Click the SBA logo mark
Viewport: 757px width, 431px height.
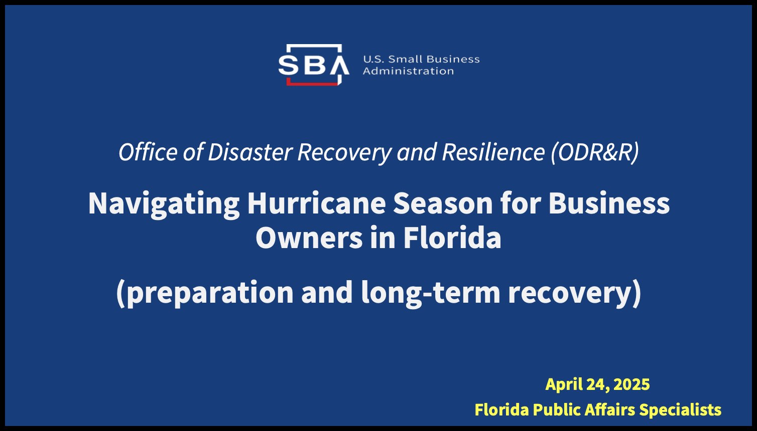tap(314, 65)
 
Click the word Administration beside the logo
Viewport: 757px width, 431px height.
tap(408, 71)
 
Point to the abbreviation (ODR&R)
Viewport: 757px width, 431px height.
tap(595, 152)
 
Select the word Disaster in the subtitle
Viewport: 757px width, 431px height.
tap(250, 152)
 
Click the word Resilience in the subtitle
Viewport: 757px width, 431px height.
tap(493, 152)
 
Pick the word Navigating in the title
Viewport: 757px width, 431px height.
tap(164, 204)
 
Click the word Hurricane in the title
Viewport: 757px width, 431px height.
tap(317, 203)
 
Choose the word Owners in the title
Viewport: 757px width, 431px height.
tap(309, 238)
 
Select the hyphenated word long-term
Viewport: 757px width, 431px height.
tap(431, 293)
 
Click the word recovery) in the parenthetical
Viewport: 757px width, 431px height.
tap(575, 293)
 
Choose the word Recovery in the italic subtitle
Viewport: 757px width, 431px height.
tap(345, 152)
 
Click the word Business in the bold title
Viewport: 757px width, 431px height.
tap(609, 203)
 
